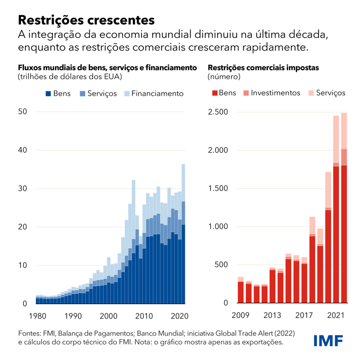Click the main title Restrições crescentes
tap(86, 20)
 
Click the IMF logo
tap(328, 341)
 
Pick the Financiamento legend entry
tap(154, 94)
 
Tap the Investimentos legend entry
tap(270, 93)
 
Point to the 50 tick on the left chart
tap(23, 112)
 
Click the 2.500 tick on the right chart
tap(219, 112)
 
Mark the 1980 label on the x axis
tap(37, 316)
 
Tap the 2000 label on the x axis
tap(109, 316)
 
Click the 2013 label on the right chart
tap(273, 316)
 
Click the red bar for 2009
tap(241, 292)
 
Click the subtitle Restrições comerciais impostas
tap(263, 67)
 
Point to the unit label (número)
tap(224, 76)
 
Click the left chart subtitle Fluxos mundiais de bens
tap(108, 67)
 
